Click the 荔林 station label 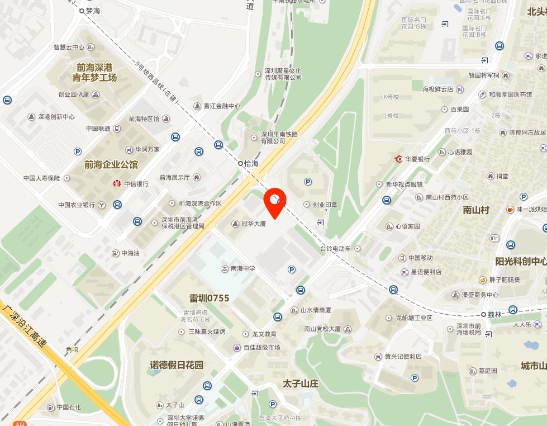(x=494, y=314)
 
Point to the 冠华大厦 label (x=253, y=224)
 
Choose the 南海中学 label (x=242, y=268)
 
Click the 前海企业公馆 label (x=111, y=165)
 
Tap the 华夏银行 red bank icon (x=399, y=159)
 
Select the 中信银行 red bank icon (x=117, y=183)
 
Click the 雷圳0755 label (x=202, y=298)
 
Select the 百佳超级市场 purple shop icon (x=236, y=348)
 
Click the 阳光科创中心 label (x=521, y=261)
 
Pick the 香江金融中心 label (x=221, y=106)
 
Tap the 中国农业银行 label (x=77, y=205)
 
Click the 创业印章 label (x=325, y=205)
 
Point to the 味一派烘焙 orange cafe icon (x=510, y=210)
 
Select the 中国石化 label (x=69, y=407)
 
